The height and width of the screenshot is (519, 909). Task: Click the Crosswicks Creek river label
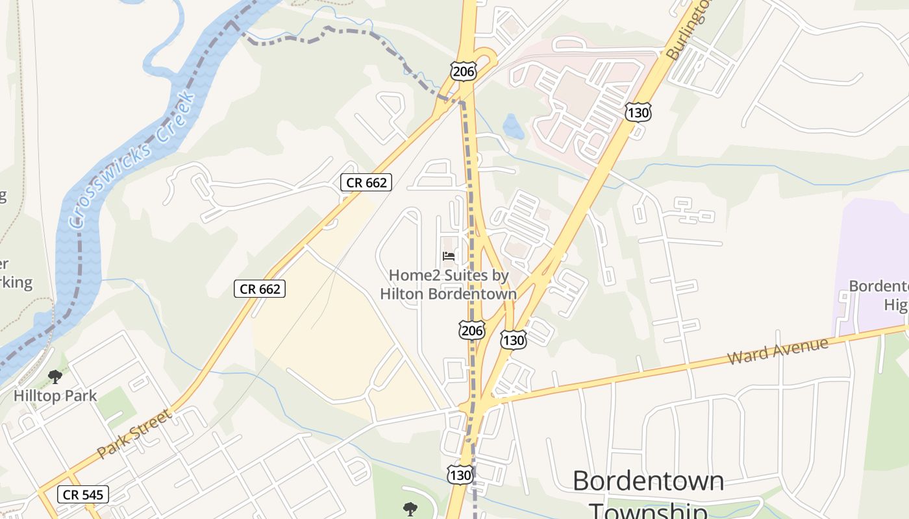(133, 159)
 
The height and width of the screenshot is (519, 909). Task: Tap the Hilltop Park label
(55, 395)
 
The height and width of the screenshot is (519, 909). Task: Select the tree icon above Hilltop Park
(55, 376)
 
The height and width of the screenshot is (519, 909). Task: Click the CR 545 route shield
(82, 495)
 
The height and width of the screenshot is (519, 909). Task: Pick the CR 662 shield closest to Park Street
(260, 289)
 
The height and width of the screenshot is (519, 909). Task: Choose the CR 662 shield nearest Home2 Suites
(366, 182)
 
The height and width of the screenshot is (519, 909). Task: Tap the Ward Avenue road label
(778, 350)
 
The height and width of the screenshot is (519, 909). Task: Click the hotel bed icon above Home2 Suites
(449, 256)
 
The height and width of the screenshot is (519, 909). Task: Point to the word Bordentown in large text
(648, 481)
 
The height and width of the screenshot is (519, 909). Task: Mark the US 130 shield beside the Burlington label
(638, 112)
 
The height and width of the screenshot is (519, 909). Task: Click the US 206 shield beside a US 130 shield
(471, 330)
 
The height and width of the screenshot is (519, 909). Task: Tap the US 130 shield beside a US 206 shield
(513, 339)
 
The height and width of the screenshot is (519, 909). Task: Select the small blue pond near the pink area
(513, 127)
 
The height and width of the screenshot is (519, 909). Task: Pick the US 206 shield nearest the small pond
(463, 71)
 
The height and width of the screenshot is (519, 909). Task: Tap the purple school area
(870, 259)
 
